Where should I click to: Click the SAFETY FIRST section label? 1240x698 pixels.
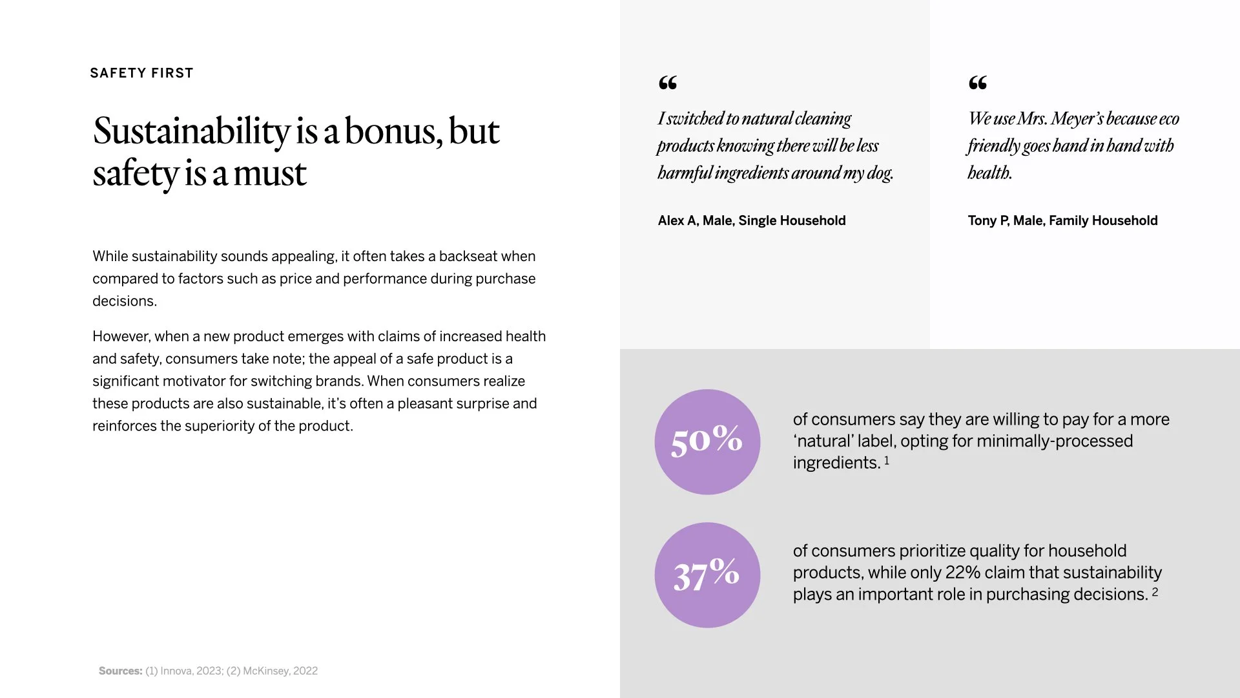coord(141,73)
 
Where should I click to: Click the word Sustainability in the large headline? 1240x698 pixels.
coord(191,131)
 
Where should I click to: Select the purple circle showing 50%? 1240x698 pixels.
coord(707,442)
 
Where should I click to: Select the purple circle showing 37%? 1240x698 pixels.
coord(707,575)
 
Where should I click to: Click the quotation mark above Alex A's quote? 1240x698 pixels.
coord(668,83)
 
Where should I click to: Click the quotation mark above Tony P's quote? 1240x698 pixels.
coord(978,83)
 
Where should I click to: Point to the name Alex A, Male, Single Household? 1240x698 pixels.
coord(751,220)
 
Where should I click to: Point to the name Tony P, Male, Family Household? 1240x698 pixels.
coord(1062,220)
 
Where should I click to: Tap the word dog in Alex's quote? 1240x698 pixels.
coord(880,173)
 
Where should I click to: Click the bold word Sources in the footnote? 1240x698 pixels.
coord(120,671)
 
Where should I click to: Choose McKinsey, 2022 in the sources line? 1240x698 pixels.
coord(280,671)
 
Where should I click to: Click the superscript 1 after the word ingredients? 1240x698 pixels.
coord(887,460)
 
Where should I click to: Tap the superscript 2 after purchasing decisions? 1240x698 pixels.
coord(1155,591)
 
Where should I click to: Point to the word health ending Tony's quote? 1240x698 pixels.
coord(989,173)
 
